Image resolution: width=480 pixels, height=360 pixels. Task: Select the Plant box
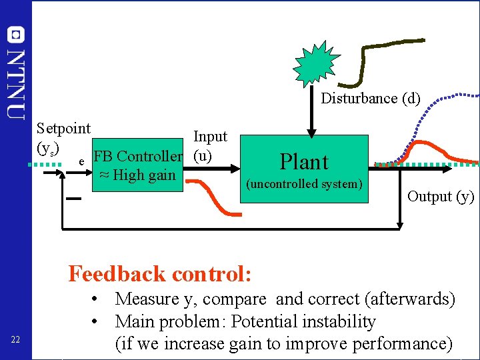pyautogui.click(x=304, y=171)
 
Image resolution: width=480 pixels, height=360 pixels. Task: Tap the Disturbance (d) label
pyautogui.click(x=371, y=99)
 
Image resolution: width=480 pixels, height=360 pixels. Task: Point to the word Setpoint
pyautogui.click(x=63, y=128)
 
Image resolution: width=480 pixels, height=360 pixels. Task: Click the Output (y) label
pyautogui.click(x=441, y=196)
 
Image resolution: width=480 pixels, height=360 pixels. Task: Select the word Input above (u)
pyautogui.click(x=210, y=137)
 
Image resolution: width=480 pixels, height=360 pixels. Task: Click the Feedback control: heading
pyautogui.click(x=160, y=274)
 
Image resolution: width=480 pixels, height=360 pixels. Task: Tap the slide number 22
pyautogui.click(x=17, y=341)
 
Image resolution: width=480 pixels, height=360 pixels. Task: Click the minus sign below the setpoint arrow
pyautogui.click(x=73, y=199)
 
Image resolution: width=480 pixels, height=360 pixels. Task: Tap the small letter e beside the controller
pyautogui.click(x=81, y=161)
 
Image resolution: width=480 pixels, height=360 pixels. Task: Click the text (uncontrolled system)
pyautogui.click(x=304, y=184)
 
